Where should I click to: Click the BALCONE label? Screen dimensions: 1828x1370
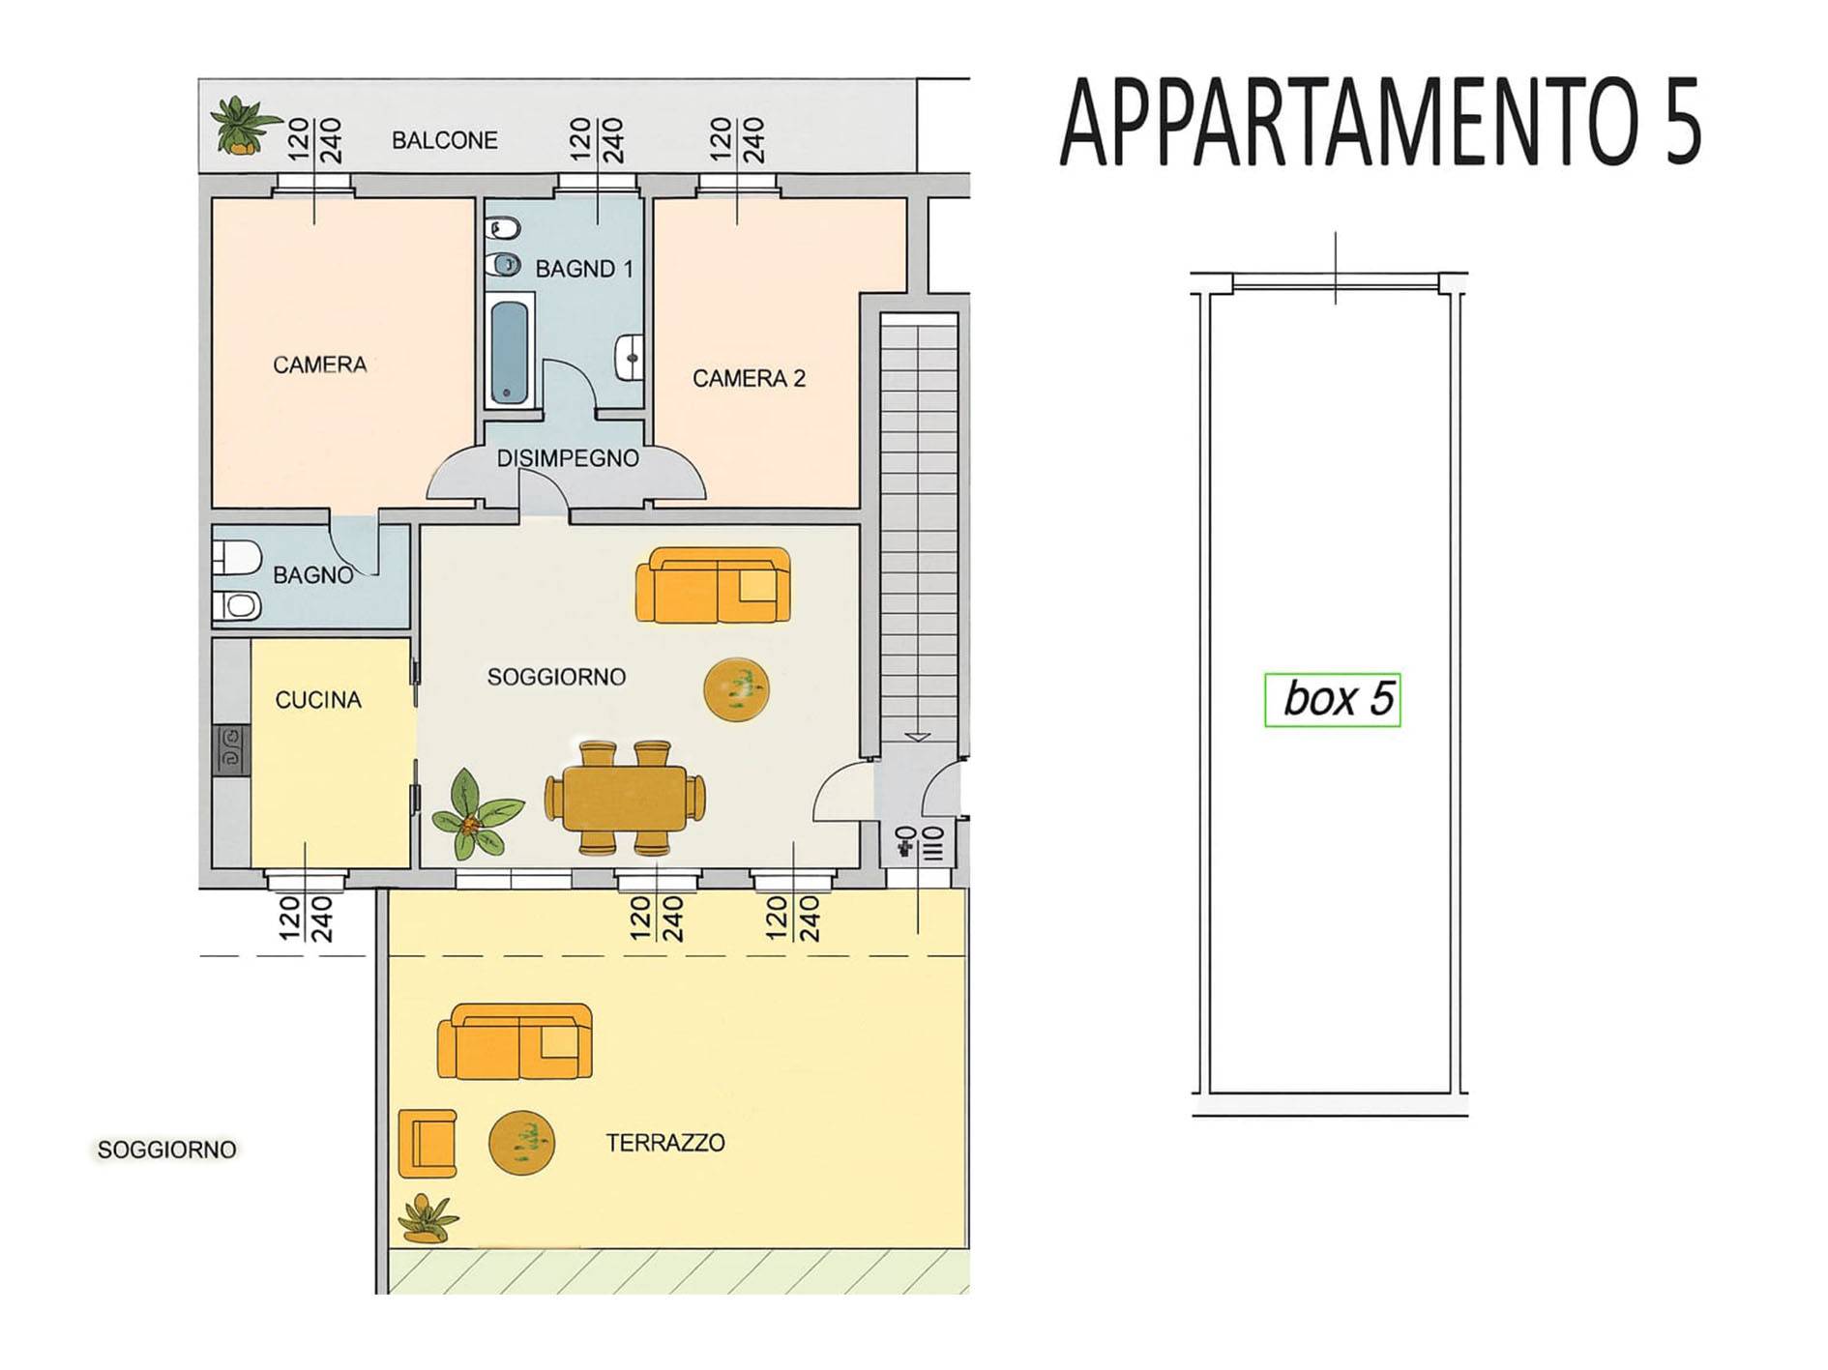click(445, 140)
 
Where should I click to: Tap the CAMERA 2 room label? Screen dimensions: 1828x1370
click(749, 378)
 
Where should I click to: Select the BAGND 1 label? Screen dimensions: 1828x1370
click(584, 269)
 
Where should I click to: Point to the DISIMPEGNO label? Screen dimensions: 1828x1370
click(568, 458)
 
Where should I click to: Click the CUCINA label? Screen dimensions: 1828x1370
click(318, 700)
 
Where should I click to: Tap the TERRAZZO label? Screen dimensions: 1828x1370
click(665, 1143)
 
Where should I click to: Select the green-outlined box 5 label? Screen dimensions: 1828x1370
click(1333, 699)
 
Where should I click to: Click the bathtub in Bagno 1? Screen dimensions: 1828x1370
click(510, 351)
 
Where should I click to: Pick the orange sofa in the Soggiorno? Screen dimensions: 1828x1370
click(713, 585)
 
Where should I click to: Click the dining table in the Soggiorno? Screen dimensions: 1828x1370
click(625, 799)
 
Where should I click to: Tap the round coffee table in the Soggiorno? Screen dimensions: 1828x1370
click(736, 688)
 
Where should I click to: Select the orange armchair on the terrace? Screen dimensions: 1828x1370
click(427, 1143)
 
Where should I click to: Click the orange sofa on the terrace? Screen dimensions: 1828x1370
click(515, 1041)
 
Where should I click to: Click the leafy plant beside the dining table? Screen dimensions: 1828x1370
click(476, 815)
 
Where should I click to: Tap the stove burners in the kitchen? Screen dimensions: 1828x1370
click(232, 749)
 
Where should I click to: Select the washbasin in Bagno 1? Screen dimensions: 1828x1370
click(630, 358)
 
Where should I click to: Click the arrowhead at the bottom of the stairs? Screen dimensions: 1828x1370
click(918, 737)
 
